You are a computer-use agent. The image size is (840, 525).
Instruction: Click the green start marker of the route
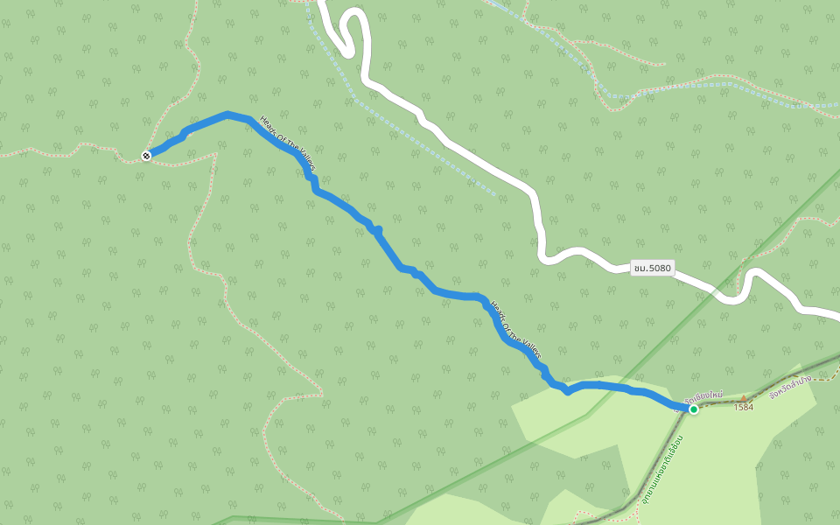[x=693, y=409]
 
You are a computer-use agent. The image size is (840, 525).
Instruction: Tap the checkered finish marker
[x=146, y=156]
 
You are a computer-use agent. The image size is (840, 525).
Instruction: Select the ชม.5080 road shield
[x=653, y=268]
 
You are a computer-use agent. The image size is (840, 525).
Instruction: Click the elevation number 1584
[x=744, y=407]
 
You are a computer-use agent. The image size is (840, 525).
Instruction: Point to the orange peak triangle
[x=744, y=398]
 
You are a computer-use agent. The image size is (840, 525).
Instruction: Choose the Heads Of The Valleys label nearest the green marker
[x=515, y=330]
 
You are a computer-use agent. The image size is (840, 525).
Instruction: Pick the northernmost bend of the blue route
[x=227, y=115]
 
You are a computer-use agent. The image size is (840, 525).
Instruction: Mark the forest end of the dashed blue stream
[x=495, y=192]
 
